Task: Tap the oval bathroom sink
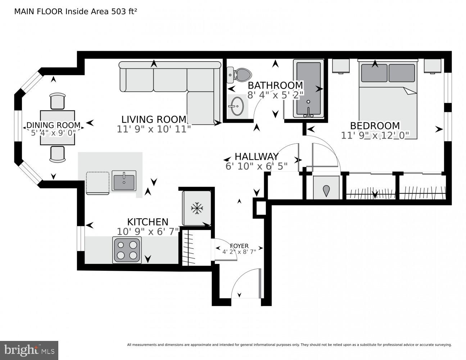(236, 106)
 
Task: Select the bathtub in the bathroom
(308, 89)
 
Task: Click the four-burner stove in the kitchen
(127, 250)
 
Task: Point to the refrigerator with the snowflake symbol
(196, 208)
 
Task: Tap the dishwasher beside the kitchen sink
(98, 183)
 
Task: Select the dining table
(58, 127)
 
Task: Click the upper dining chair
(58, 101)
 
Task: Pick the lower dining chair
(58, 154)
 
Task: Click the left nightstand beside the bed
(341, 66)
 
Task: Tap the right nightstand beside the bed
(432, 66)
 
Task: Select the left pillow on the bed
(374, 73)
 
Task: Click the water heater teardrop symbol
(326, 190)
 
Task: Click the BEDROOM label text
(375, 126)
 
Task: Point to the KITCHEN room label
(148, 222)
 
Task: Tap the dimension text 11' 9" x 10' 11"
(154, 129)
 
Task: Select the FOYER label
(239, 246)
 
